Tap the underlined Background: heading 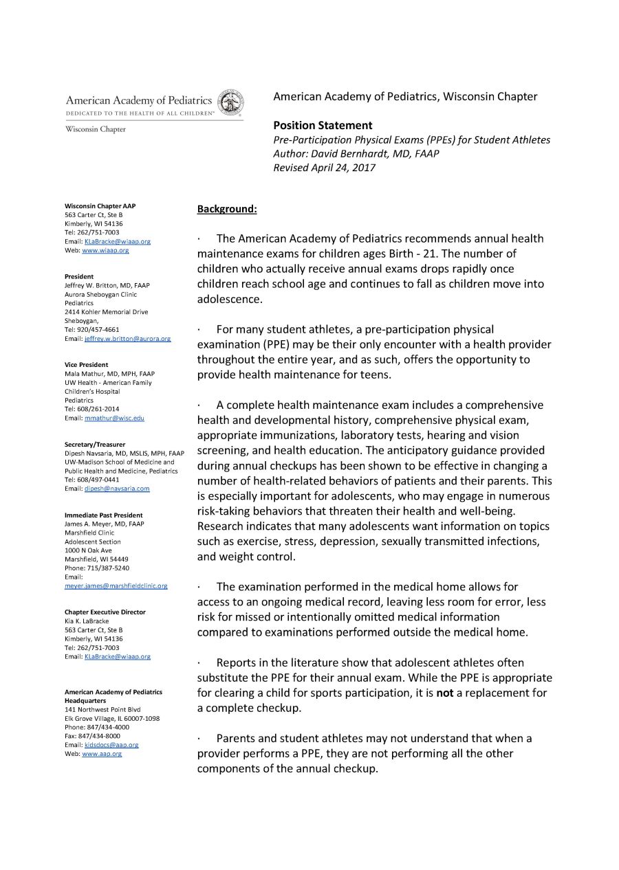tap(227, 208)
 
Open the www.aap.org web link tap(102, 753)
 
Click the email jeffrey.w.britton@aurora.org tap(127, 339)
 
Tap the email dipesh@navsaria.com tap(117, 489)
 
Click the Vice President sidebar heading tap(86, 365)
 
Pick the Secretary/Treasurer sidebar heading tap(95, 445)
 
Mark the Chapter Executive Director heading tap(105, 612)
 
